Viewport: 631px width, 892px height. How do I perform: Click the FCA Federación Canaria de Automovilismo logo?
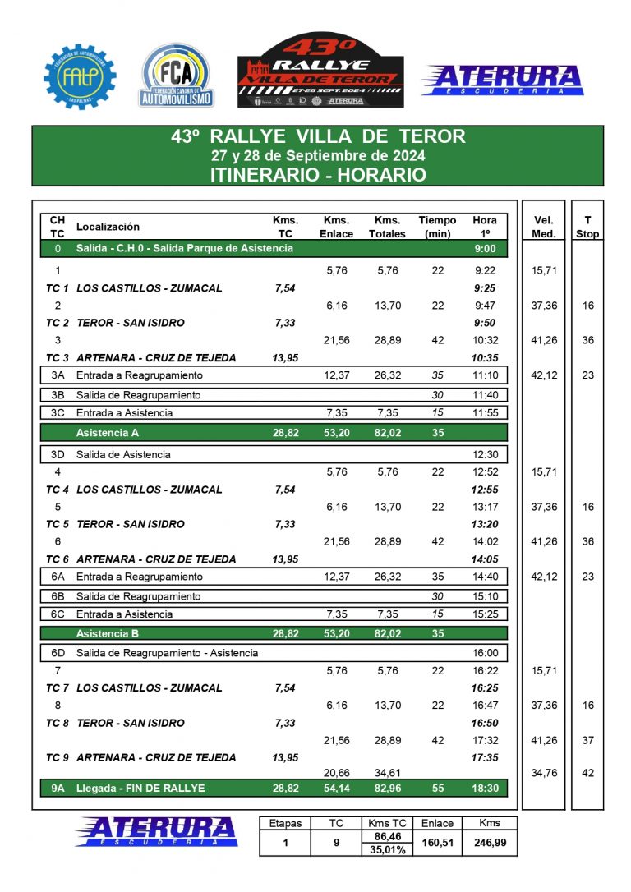coord(176,76)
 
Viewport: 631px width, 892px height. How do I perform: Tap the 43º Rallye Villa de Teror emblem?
coord(320,71)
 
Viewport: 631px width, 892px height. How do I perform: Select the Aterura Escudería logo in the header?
coord(501,80)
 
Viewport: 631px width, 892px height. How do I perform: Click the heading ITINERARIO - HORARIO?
coord(317,174)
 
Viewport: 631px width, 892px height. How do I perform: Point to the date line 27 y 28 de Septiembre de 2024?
coord(317,155)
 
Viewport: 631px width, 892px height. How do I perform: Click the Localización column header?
coord(108,227)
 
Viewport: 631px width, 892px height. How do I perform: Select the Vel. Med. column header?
coord(544,227)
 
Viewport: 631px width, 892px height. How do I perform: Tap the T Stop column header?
coord(587,227)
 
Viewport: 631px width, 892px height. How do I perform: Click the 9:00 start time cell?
coord(485,248)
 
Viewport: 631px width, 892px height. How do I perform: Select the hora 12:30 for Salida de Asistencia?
coord(485,454)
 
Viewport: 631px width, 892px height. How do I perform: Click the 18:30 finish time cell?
coord(485,789)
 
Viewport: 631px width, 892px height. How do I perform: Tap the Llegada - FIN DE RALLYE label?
coord(140,789)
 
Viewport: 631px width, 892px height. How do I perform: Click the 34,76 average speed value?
coord(544,773)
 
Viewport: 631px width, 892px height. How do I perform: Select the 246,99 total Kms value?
coord(490,843)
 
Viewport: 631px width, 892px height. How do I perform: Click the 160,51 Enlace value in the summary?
coord(437,843)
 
